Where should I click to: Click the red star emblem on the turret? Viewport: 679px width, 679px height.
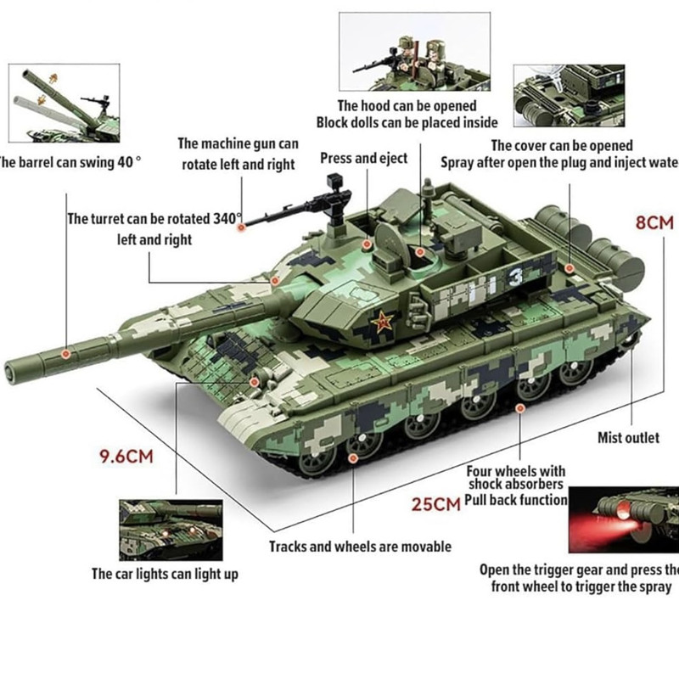pyautogui.click(x=382, y=323)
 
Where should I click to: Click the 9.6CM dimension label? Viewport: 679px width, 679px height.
pyautogui.click(x=126, y=457)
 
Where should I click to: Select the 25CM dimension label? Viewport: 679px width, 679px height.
pyautogui.click(x=435, y=504)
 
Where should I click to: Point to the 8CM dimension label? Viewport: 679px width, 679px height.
pyautogui.click(x=654, y=223)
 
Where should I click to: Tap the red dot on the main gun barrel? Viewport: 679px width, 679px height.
pyautogui.click(x=66, y=354)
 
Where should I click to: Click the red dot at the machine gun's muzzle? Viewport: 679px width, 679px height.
pyautogui.click(x=242, y=227)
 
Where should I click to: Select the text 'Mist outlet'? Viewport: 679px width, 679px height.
pyautogui.click(x=628, y=437)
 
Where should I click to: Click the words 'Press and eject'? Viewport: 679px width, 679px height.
pyautogui.click(x=364, y=159)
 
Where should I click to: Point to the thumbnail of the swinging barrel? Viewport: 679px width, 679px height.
pyautogui.click(x=65, y=103)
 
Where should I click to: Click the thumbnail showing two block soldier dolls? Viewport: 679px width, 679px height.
pyautogui.click(x=414, y=52)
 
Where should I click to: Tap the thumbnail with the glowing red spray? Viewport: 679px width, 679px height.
pyautogui.click(x=624, y=519)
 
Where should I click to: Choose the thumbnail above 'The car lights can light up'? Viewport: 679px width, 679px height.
pyautogui.click(x=171, y=530)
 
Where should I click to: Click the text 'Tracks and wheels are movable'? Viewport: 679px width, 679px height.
pyautogui.click(x=360, y=547)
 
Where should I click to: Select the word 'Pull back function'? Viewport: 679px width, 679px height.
pyautogui.click(x=516, y=500)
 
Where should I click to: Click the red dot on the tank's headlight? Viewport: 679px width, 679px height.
pyautogui.click(x=255, y=382)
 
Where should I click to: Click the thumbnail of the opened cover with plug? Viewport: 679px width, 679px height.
pyautogui.click(x=569, y=96)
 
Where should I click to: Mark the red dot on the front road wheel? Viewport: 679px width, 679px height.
pyautogui.click(x=353, y=457)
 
